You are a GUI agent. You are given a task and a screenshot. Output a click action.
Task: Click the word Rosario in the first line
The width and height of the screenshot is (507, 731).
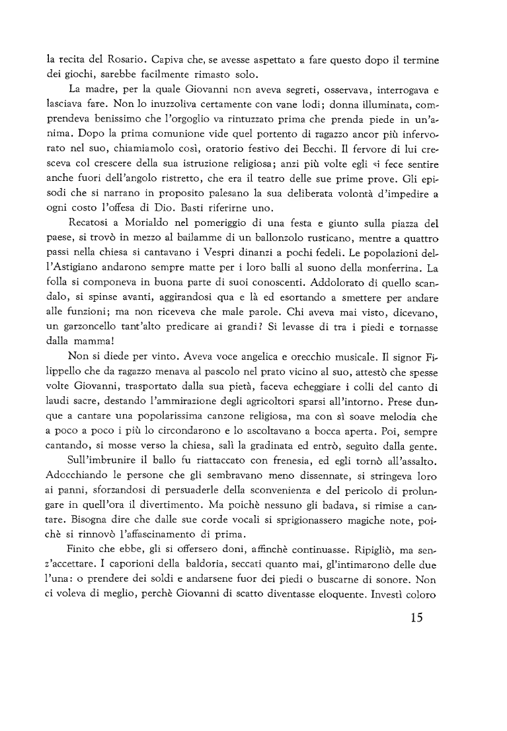click(113, 59)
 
